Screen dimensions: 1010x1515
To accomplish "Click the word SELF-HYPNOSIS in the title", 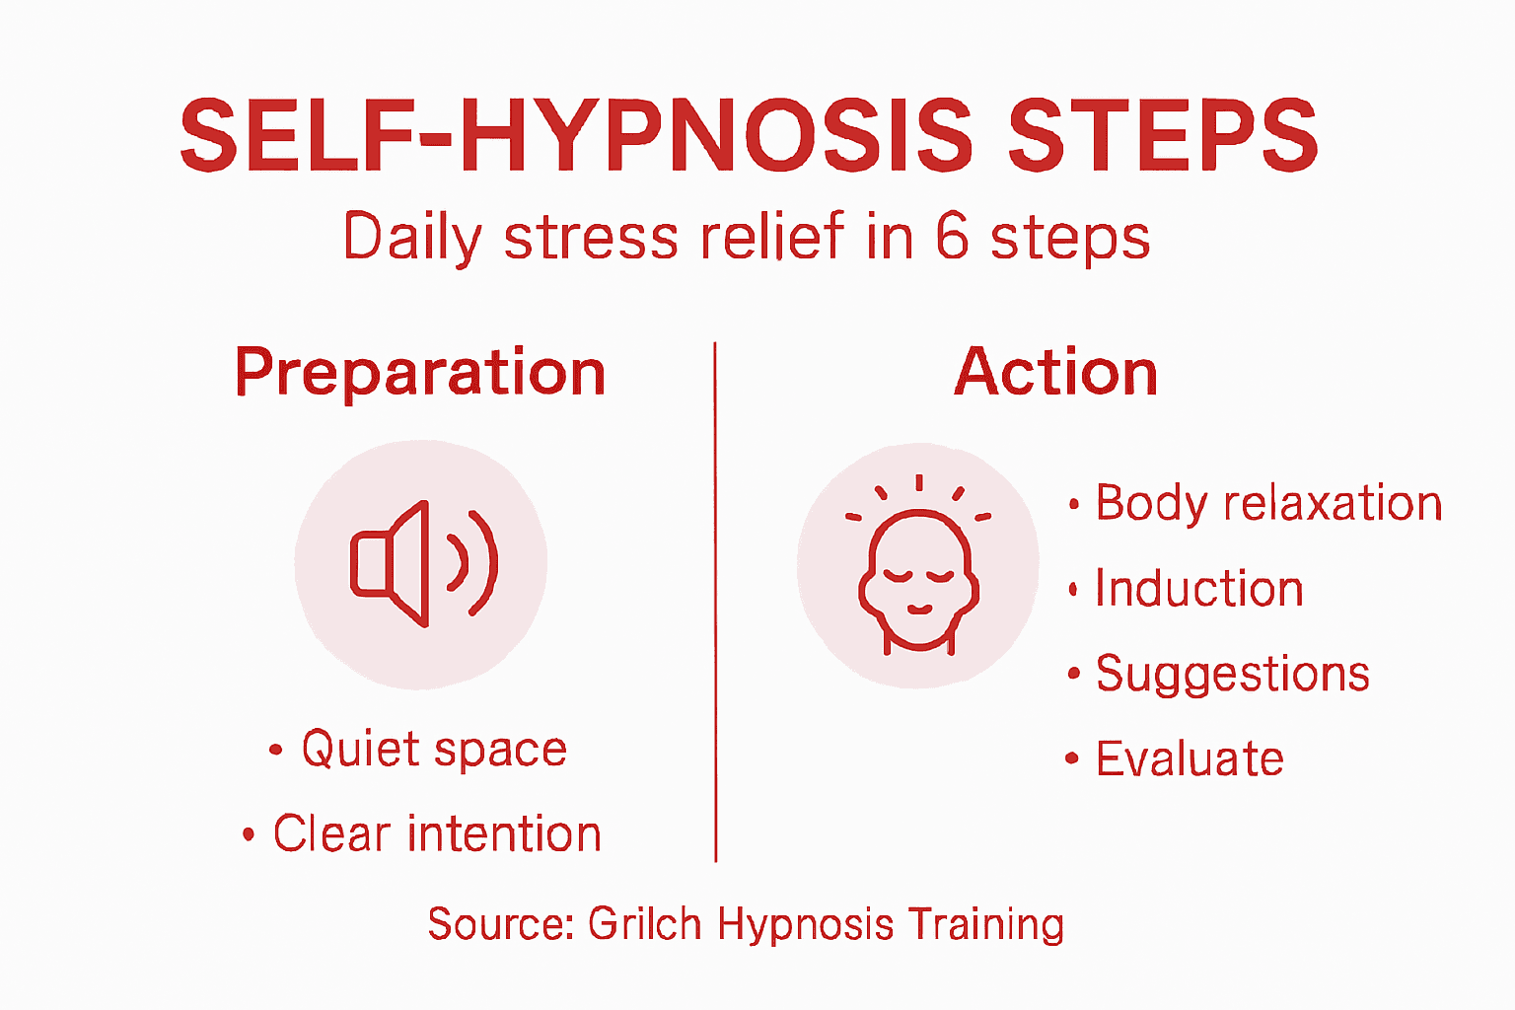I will pyautogui.click(x=576, y=136).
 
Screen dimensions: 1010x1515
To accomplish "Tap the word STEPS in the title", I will pyautogui.click(x=1162, y=136).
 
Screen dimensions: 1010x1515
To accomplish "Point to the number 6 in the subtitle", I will pyautogui.click(x=952, y=237).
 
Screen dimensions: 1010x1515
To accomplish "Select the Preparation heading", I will pyautogui.click(x=420, y=373).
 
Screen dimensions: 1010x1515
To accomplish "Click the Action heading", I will pyautogui.click(x=1055, y=373).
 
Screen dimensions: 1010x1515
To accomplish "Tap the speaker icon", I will pyautogui.click(x=422, y=564).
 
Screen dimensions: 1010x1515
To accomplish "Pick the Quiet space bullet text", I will pyautogui.click(x=434, y=750).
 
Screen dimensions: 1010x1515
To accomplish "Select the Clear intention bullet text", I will pyautogui.click(x=437, y=834).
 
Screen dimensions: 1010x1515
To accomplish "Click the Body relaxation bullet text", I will pyautogui.click(x=1268, y=504).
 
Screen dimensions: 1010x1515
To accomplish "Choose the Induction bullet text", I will pyautogui.click(x=1199, y=589).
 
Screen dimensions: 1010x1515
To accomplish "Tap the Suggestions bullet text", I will pyautogui.click(x=1233, y=675).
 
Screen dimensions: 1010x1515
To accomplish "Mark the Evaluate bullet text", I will pyautogui.click(x=1190, y=759).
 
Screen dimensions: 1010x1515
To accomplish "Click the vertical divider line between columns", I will pyautogui.click(x=715, y=602).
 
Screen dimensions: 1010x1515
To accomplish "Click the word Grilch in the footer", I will pyautogui.click(x=644, y=925).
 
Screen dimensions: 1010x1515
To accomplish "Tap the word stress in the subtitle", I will pyautogui.click(x=591, y=239).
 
